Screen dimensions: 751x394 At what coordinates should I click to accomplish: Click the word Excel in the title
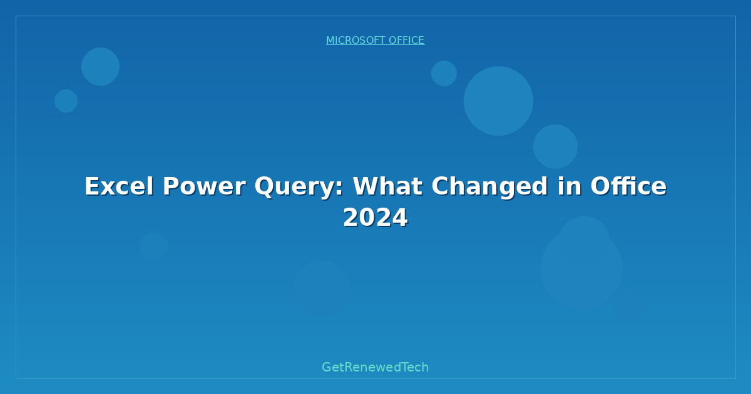coord(119,186)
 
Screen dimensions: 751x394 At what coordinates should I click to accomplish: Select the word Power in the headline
coord(204,186)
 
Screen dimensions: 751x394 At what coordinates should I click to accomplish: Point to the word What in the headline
coord(387,186)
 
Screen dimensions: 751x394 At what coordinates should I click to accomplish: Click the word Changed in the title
coord(489,187)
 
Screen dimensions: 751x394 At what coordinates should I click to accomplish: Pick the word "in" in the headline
coord(570,186)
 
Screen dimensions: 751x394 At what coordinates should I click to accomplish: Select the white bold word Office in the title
coord(628,186)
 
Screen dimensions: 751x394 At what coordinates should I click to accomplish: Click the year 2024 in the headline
coord(375,218)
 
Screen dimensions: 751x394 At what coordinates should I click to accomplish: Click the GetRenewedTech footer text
coord(375,367)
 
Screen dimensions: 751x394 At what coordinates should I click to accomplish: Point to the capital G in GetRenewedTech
coord(326,367)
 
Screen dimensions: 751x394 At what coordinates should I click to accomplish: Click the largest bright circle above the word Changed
coord(499,101)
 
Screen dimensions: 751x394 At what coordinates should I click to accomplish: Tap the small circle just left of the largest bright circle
coord(444,73)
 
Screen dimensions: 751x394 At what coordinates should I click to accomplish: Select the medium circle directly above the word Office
coord(556,147)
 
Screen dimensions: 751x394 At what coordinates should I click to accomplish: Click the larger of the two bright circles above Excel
coord(100,67)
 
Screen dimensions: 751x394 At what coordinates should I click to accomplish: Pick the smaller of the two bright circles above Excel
coord(66,101)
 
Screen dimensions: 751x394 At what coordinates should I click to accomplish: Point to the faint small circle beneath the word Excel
coord(153,247)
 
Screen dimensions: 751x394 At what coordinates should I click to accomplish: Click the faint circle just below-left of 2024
coord(321,289)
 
